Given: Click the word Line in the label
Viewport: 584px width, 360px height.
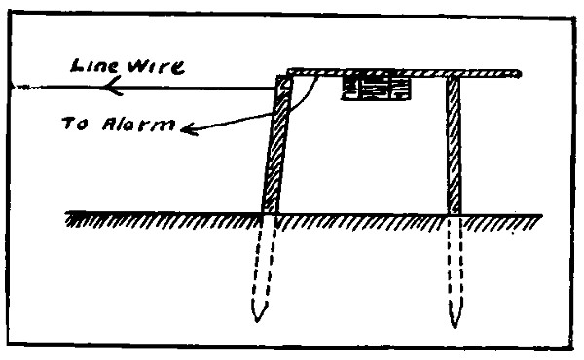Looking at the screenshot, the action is pos(94,66).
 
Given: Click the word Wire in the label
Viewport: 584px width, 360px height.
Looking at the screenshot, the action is pos(156,67).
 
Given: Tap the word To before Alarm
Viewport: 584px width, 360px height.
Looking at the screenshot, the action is pos(75,124).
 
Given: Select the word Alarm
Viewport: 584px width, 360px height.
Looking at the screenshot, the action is pos(138,125).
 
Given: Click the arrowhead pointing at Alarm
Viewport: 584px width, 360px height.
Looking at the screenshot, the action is pos(189,129).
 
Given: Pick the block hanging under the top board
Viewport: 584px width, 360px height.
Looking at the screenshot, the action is pos(376,88).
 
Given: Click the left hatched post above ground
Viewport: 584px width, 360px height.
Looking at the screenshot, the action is pos(276,144).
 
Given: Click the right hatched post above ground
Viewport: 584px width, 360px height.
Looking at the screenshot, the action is pos(454,145).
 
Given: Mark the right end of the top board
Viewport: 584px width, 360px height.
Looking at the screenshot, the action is pos(520,74).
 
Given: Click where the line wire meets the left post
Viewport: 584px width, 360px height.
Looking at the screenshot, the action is pos(275,89).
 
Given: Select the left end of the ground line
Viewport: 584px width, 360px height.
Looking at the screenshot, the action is pos(65,213).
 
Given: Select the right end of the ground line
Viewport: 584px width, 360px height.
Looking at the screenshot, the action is pos(541,215).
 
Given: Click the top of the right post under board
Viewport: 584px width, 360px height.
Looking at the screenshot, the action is pos(454,78).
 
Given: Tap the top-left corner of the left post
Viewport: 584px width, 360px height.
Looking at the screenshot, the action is pos(277,76).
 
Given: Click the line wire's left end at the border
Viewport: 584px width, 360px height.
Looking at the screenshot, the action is pos(11,87).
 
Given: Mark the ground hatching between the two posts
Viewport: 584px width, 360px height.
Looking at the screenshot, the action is pos(362,223).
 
